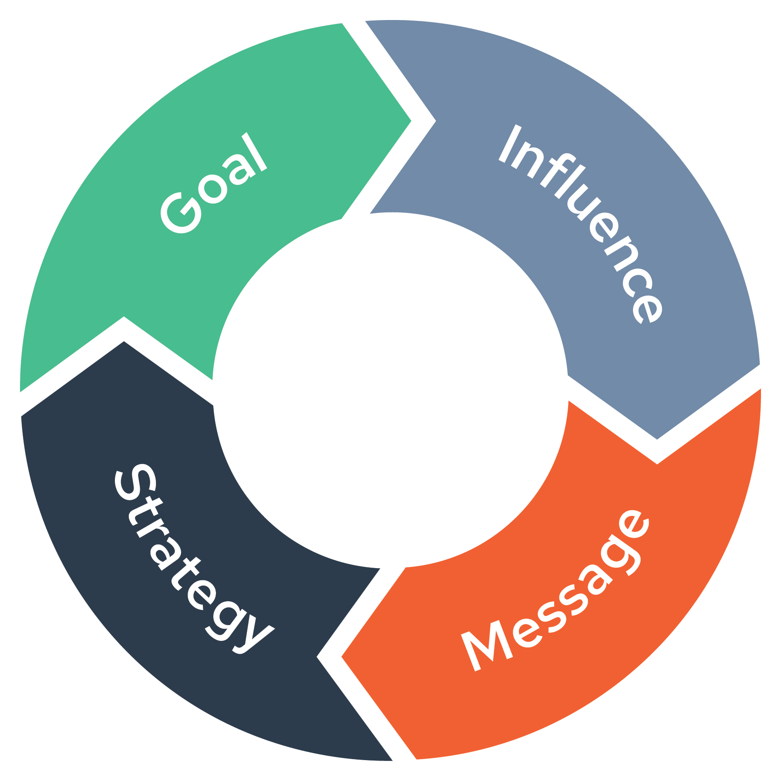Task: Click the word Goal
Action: click(x=213, y=183)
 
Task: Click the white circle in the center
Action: click(x=390, y=390)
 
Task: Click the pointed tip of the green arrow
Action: click(x=411, y=121)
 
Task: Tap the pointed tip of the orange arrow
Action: click(x=342, y=656)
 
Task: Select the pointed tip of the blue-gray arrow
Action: click(x=657, y=439)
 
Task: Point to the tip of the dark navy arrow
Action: click(x=125, y=342)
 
